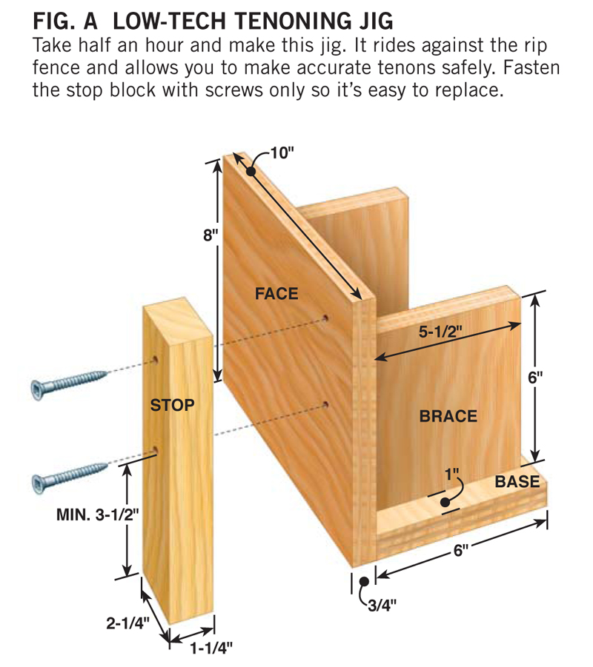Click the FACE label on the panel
pyautogui.click(x=276, y=293)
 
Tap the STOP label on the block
pyautogui.click(x=172, y=405)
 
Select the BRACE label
pyautogui.click(x=448, y=416)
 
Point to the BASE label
pyautogui.click(x=517, y=481)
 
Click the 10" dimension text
pyautogui.click(x=282, y=152)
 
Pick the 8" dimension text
pyautogui.click(x=211, y=235)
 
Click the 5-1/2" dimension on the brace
pyautogui.click(x=440, y=332)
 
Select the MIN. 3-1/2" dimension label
pyautogui.click(x=98, y=515)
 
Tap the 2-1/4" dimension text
pyautogui.click(x=127, y=623)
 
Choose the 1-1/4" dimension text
pyautogui.click(x=211, y=648)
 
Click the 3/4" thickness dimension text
pyautogui.click(x=382, y=606)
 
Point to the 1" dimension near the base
pyautogui.click(x=452, y=475)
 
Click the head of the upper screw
pyautogui.click(x=39, y=390)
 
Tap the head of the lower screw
pyautogui.click(x=39, y=484)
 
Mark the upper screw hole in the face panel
pyautogui.click(x=325, y=318)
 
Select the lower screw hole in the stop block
pyautogui.click(x=155, y=450)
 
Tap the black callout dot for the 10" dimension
pyautogui.click(x=251, y=172)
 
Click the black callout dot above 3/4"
pyautogui.click(x=364, y=581)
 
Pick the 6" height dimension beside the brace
pyautogui.click(x=535, y=377)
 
